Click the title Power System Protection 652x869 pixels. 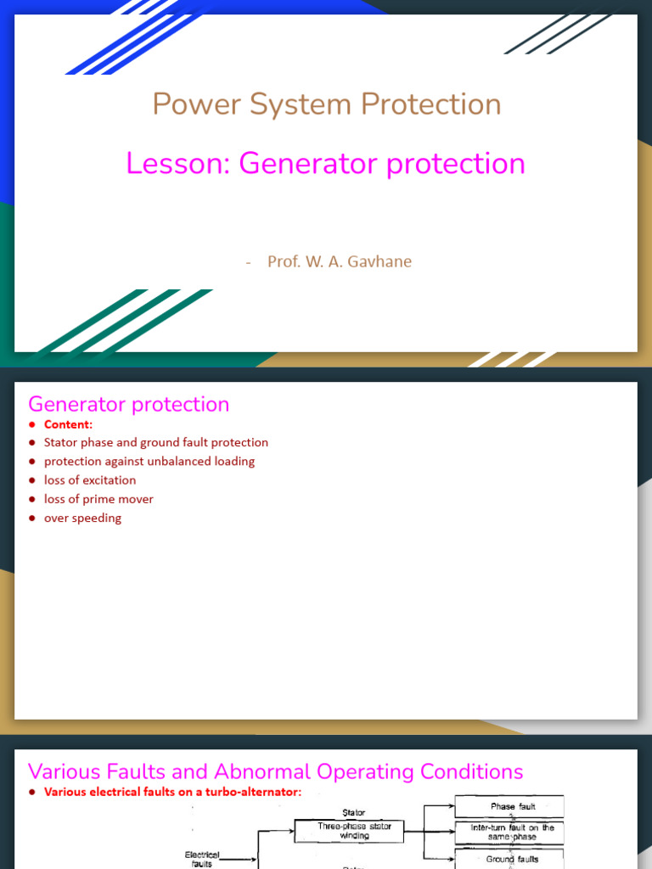[x=326, y=104]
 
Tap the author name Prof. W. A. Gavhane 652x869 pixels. [x=339, y=261]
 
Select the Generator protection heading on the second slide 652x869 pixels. [x=128, y=404]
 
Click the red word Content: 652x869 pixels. [x=68, y=424]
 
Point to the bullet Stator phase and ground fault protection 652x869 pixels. [x=155, y=442]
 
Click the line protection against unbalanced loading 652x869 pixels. [x=149, y=461]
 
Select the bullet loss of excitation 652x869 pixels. [x=89, y=480]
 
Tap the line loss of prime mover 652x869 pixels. [x=98, y=499]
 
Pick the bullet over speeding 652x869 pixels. [x=82, y=518]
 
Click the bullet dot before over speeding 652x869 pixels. [x=32, y=519]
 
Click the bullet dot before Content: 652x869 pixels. [x=32, y=424]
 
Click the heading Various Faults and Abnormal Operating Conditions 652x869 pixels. [x=275, y=771]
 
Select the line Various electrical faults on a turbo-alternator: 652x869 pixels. [x=172, y=792]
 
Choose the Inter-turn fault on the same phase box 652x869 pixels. [x=512, y=833]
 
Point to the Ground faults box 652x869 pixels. [x=512, y=859]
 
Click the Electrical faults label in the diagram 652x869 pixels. [x=202, y=859]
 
